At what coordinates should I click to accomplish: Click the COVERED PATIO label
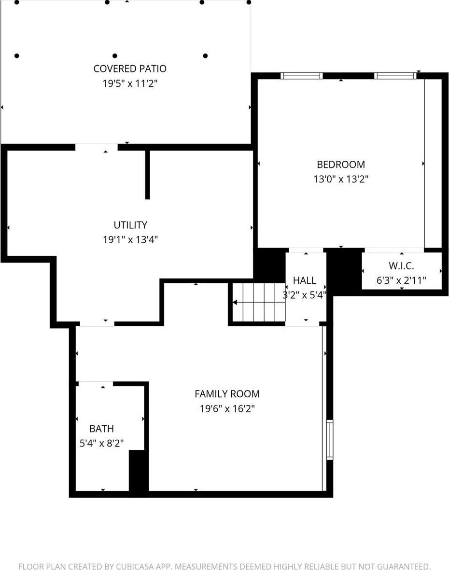click(130, 69)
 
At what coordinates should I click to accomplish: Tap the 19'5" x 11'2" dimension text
click(130, 83)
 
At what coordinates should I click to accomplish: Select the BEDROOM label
click(341, 164)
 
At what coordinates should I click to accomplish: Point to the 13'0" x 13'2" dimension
click(341, 179)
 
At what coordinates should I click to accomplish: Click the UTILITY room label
click(130, 225)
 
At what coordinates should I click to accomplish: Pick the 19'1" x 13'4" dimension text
click(130, 239)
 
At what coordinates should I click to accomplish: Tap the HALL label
click(305, 280)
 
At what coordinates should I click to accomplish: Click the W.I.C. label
click(402, 266)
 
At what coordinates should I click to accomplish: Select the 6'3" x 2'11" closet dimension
click(402, 280)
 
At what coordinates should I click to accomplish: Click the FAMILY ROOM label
click(227, 394)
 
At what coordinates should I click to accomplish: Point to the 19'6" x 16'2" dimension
click(227, 409)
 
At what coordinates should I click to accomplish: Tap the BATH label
click(102, 429)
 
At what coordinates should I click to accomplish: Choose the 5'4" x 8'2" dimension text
click(102, 443)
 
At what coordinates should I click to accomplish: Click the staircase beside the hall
click(257, 303)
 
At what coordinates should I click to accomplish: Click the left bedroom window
click(302, 75)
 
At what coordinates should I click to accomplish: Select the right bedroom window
click(395, 75)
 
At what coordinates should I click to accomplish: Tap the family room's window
click(330, 440)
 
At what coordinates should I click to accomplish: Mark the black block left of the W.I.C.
click(344, 270)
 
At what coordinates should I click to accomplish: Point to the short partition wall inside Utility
click(148, 174)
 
